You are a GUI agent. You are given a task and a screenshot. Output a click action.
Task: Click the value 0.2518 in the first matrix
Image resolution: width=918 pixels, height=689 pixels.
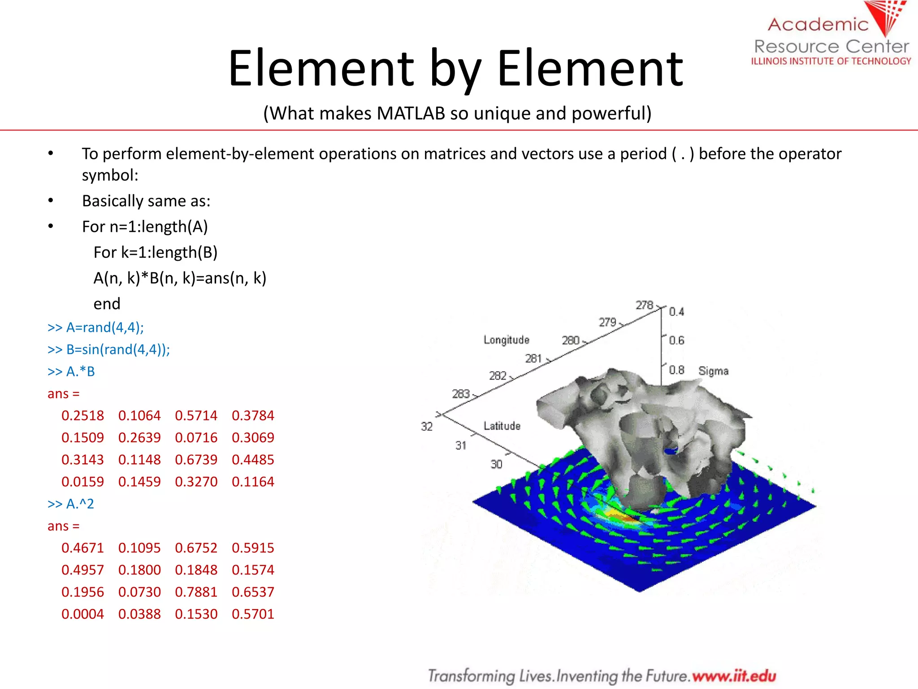tap(82, 415)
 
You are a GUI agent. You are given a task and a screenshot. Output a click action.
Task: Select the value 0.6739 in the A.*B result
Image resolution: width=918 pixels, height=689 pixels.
tap(196, 459)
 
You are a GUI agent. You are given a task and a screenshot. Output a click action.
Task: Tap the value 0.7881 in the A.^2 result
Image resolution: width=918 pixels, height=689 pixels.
tap(196, 592)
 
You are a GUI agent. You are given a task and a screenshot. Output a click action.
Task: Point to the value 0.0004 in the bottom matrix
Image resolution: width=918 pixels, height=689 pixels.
tap(82, 614)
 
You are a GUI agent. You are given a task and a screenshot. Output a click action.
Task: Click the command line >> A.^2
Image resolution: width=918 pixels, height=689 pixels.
tap(71, 504)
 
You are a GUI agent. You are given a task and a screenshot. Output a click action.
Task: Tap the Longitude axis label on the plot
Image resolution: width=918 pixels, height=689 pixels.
tap(506, 340)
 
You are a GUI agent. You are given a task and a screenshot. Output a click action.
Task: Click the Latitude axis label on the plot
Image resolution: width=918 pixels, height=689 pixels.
tap(502, 426)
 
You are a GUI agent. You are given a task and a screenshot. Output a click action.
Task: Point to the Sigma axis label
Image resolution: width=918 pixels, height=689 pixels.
tap(713, 371)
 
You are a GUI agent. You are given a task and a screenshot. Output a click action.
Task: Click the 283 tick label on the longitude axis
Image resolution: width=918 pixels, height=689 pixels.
tap(461, 394)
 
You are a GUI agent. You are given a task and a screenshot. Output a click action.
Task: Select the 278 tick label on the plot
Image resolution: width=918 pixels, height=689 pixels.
tap(645, 305)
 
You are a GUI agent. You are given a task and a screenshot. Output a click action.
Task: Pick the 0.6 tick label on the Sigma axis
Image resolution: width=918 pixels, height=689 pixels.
tap(676, 340)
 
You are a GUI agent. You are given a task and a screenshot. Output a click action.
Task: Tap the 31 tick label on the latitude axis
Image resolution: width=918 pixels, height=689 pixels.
tap(461, 445)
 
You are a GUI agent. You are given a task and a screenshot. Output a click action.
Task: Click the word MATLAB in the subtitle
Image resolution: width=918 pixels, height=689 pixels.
tap(411, 113)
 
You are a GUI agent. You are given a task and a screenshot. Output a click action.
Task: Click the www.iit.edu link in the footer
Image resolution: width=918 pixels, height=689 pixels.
tap(734, 676)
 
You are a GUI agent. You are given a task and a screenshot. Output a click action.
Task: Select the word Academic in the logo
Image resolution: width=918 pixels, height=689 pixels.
tap(818, 24)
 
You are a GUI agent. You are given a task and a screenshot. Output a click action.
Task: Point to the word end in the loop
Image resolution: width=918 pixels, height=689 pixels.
tap(107, 304)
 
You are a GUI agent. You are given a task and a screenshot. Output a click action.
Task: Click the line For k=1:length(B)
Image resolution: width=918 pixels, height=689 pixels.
tap(155, 252)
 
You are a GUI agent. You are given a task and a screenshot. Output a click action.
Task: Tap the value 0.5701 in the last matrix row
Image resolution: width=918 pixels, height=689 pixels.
tap(253, 614)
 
